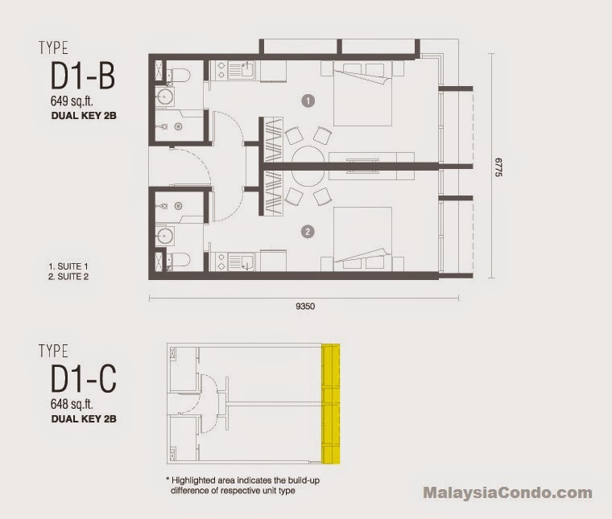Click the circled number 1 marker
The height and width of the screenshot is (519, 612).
tap(308, 101)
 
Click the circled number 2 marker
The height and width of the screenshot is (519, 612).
tap(308, 232)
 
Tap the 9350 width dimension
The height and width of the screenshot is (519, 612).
tap(305, 307)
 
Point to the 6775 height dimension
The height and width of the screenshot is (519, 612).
tap(498, 167)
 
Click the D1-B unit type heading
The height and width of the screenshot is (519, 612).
tap(83, 76)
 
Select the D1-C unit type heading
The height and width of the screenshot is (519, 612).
tap(84, 379)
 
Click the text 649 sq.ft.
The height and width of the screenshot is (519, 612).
tap(72, 101)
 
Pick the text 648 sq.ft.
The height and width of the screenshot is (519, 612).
tap(72, 404)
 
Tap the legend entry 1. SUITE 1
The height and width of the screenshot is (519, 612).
tap(68, 266)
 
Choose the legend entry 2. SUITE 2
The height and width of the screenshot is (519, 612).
tap(68, 277)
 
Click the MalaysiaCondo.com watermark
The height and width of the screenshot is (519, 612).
tap(508, 493)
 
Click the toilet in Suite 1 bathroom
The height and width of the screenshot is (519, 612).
tap(179, 76)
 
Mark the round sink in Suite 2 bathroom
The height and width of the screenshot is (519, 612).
tap(165, 236)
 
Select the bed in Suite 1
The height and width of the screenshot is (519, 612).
tap(362, 93)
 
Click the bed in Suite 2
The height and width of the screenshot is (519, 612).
tap(362, 239)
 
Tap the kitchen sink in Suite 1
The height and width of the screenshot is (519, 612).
tap(247, 70)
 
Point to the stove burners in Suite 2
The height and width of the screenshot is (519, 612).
tap(221, 262)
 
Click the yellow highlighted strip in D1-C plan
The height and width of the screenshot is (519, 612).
tap(331, 404)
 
